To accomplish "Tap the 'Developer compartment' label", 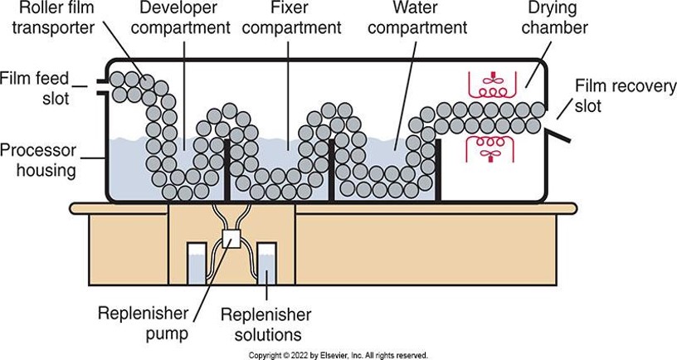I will (184, 18).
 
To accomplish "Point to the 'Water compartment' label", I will (418, 18).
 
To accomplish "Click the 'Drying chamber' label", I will (555, 18).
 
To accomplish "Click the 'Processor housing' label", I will (39, 161).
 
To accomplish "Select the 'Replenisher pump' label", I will (143, 324).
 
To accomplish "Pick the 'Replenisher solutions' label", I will (265, 324).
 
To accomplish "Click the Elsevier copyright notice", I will (338, 355).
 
